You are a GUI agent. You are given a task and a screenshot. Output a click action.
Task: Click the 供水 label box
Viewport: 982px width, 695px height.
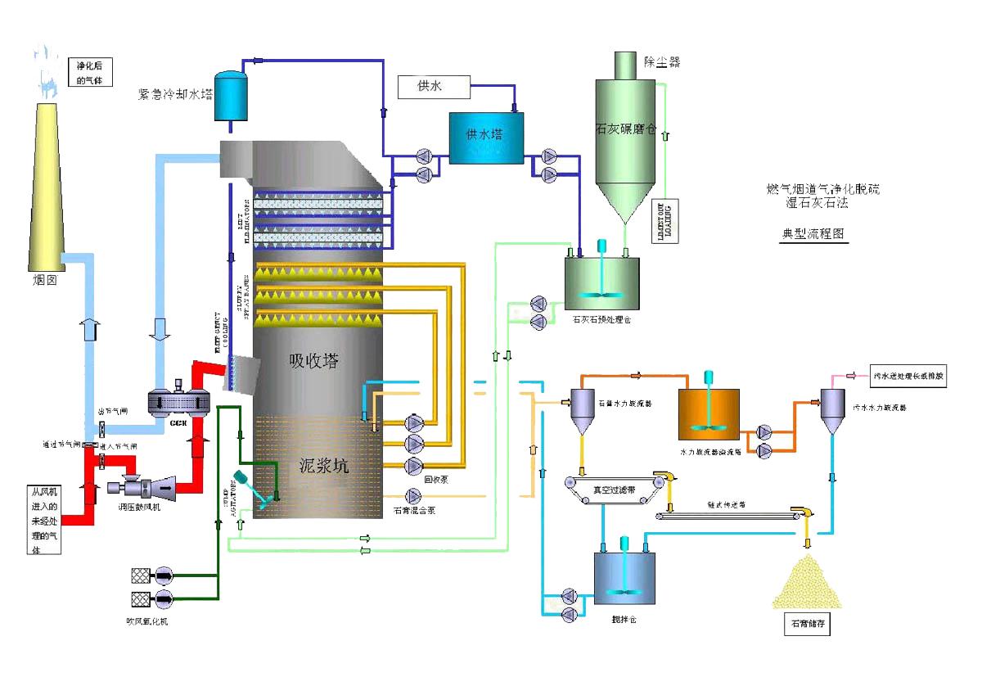click(x=434, y=85)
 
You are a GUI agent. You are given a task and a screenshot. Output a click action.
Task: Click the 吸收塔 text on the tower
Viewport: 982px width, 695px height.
click(x=313, y=360)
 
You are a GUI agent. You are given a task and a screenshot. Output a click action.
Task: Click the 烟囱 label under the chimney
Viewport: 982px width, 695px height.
click(x=40, y=282)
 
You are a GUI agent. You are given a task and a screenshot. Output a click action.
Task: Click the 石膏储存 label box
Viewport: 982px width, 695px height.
click(x=810, y=625)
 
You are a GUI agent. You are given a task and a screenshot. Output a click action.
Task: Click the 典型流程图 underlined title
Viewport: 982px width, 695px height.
click(x=814, y=233)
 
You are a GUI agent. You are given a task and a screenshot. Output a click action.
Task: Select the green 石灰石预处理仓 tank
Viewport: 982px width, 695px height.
click(x=602, y=283)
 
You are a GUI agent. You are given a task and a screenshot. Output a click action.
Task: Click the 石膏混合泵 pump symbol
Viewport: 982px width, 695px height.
click(x=412, y=496)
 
